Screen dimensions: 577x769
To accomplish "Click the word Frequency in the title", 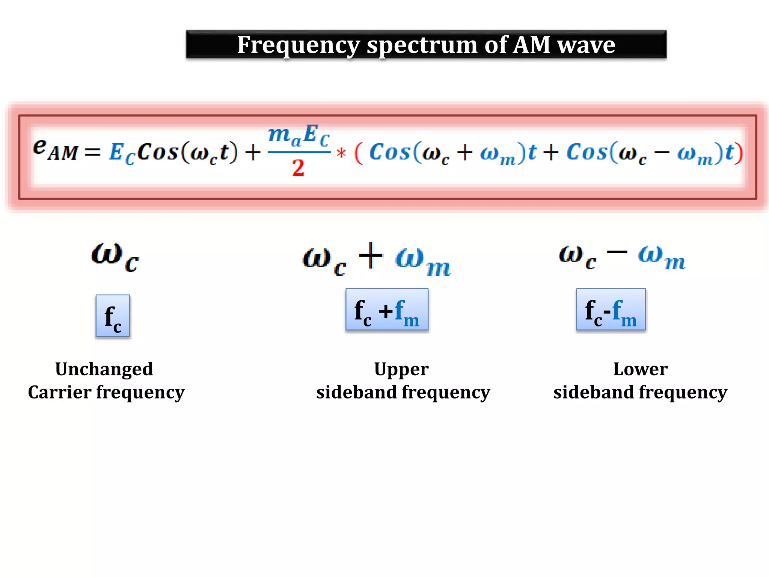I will [299, 45].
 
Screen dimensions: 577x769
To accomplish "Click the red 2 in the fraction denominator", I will [299, 168].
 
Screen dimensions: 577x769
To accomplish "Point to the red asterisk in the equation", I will [341, 153].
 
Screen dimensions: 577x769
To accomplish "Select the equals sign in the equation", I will [92, 152].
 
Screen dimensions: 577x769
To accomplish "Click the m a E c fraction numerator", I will [299, 135].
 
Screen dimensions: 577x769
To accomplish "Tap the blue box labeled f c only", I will [113, 316].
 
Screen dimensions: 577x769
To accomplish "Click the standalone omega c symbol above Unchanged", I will [115, 256].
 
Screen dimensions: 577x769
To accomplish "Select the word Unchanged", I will [104, 369].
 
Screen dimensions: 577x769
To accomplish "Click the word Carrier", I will [59, 392].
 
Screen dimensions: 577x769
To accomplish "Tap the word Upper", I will [401, 370].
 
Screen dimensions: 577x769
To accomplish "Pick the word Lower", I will [640, 369].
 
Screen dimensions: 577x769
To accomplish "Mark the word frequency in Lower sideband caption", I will [683, 393].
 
